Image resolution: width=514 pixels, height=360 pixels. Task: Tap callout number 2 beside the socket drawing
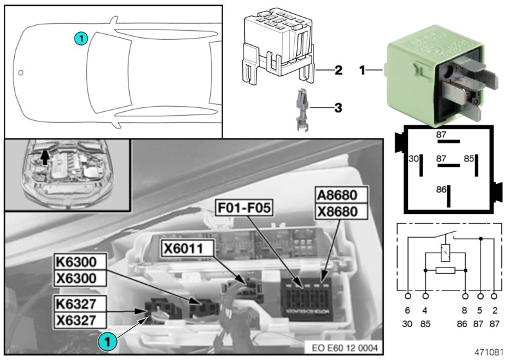(x=338, y=69)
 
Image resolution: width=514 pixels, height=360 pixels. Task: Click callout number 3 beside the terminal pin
(x=338, y=108)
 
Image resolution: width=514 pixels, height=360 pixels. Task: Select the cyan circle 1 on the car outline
(x=80, y=39)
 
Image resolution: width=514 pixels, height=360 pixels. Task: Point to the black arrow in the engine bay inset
(x=44, y=156)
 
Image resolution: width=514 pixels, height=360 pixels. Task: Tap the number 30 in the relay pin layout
(x=414, y=158)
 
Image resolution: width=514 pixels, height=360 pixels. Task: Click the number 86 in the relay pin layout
(x=441, y=190)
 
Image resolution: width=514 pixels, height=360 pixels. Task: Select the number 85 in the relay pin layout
(x=470, y=158)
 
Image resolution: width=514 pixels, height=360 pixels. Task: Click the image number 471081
(x=488, y=352)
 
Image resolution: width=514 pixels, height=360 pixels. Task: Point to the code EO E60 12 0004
(x=344, y=348)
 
